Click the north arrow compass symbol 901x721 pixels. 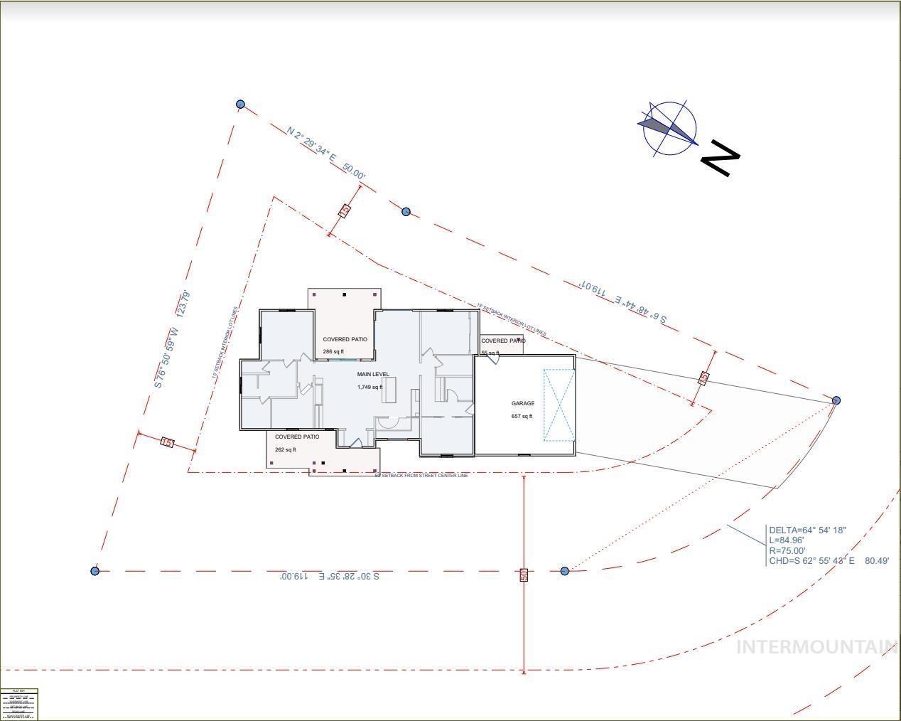click(667, 128)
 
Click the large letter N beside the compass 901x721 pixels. click(721, 158)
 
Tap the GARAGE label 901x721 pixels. click(523, 403)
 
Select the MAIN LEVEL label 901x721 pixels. click(373, 374)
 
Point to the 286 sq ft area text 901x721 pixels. click(333, 351)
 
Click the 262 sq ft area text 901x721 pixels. click(285, 449)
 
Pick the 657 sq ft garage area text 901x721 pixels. click(522, 416)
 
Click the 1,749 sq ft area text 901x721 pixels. click(369, 387)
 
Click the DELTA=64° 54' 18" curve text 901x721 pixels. click(807, 530)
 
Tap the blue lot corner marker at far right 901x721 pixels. click(836, 400)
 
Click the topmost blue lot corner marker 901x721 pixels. click(240, 105)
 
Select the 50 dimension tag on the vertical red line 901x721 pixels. click(524, 575)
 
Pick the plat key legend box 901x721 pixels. click(19, 704)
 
